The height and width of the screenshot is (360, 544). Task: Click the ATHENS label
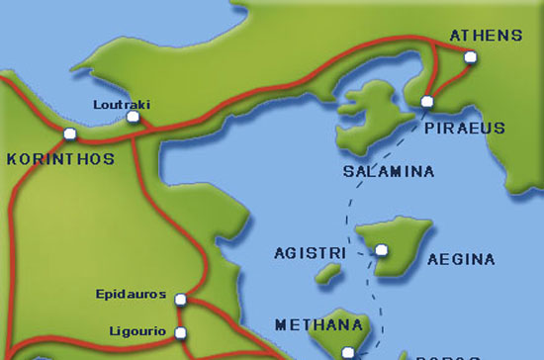pos(485,37)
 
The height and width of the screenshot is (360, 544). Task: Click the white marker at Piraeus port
pos(427,102)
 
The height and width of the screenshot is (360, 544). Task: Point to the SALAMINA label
pos(388,172)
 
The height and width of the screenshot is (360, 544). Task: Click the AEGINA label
pos(459,260)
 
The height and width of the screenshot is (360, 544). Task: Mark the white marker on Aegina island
pos(381,250)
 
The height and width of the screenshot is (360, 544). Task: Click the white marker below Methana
pos(347,352)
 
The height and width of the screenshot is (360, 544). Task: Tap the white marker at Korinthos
pos(69,134)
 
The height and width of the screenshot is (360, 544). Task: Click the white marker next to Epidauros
pos(179,299)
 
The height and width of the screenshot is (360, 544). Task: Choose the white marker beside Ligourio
pos(180,332)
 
